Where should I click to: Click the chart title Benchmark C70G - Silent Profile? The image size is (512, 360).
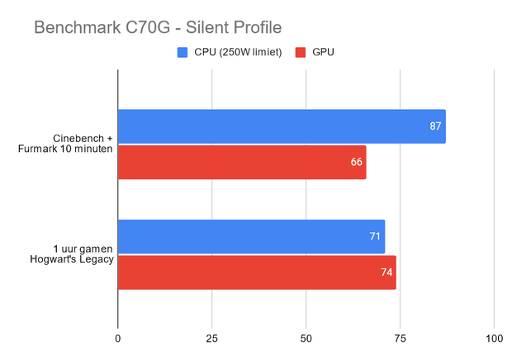pos(158,28)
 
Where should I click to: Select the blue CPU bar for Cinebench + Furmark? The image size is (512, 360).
pos(281,126)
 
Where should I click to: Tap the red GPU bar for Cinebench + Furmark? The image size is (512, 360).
pos(241,162)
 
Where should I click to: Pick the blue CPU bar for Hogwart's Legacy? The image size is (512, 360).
pos(251,236)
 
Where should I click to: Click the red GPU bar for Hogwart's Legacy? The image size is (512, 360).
pos(257,272)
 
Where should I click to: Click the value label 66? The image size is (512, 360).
pos(357,162)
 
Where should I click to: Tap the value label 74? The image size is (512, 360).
pos(386,272)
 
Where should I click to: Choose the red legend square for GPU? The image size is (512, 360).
pos(299,53)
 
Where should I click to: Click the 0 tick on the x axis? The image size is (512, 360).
pos(118,339)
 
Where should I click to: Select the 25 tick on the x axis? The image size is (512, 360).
pos(212,339)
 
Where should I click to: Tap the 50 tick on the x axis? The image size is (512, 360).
pos(306,339)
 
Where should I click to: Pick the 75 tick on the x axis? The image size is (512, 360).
pos(400,339)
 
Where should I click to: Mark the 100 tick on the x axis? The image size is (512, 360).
pos(493,339)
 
